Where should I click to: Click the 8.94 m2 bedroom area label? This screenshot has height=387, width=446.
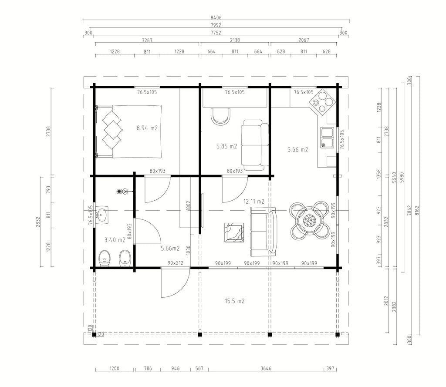147,128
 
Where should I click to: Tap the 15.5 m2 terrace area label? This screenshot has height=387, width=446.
235,301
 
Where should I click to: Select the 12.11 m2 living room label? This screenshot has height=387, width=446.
254,202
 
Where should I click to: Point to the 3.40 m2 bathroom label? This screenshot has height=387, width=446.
115,240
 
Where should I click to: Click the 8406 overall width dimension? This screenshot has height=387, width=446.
216,17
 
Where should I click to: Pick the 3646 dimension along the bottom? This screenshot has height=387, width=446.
266,369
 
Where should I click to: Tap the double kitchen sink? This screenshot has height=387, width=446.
327,138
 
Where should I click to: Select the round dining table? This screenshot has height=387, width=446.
309,220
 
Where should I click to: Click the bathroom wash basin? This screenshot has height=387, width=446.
101,215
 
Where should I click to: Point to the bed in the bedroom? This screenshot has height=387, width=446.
128,131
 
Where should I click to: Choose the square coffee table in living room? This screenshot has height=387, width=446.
234,232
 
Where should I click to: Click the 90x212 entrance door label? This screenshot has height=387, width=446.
176,263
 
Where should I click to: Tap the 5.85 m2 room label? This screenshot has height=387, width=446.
226,146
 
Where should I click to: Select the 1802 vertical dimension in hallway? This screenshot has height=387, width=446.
189,206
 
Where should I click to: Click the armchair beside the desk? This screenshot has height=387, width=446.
221,116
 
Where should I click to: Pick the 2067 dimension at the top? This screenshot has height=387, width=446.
304,40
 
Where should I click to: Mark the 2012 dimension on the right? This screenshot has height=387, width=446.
386,301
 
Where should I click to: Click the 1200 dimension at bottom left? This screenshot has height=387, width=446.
115,369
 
